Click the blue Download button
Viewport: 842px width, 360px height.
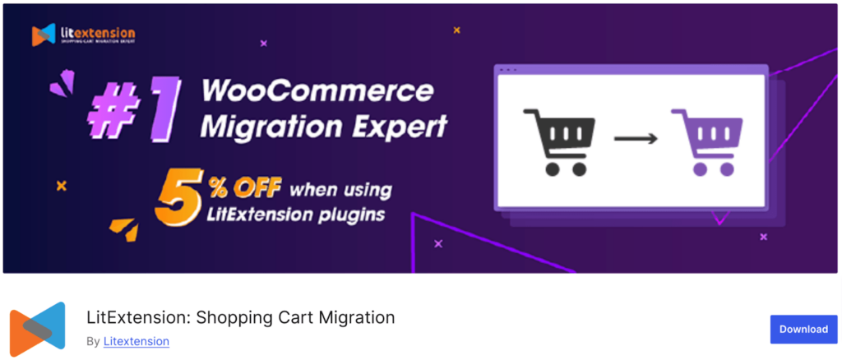(803, 329)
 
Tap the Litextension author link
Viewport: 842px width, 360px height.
(136, 341)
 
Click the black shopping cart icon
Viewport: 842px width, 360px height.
(558, 141)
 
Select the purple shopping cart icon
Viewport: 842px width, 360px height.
(706, 141)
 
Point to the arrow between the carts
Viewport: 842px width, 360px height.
(636, 139)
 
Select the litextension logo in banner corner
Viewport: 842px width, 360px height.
(83, 35)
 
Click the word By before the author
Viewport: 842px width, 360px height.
(93, 341)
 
